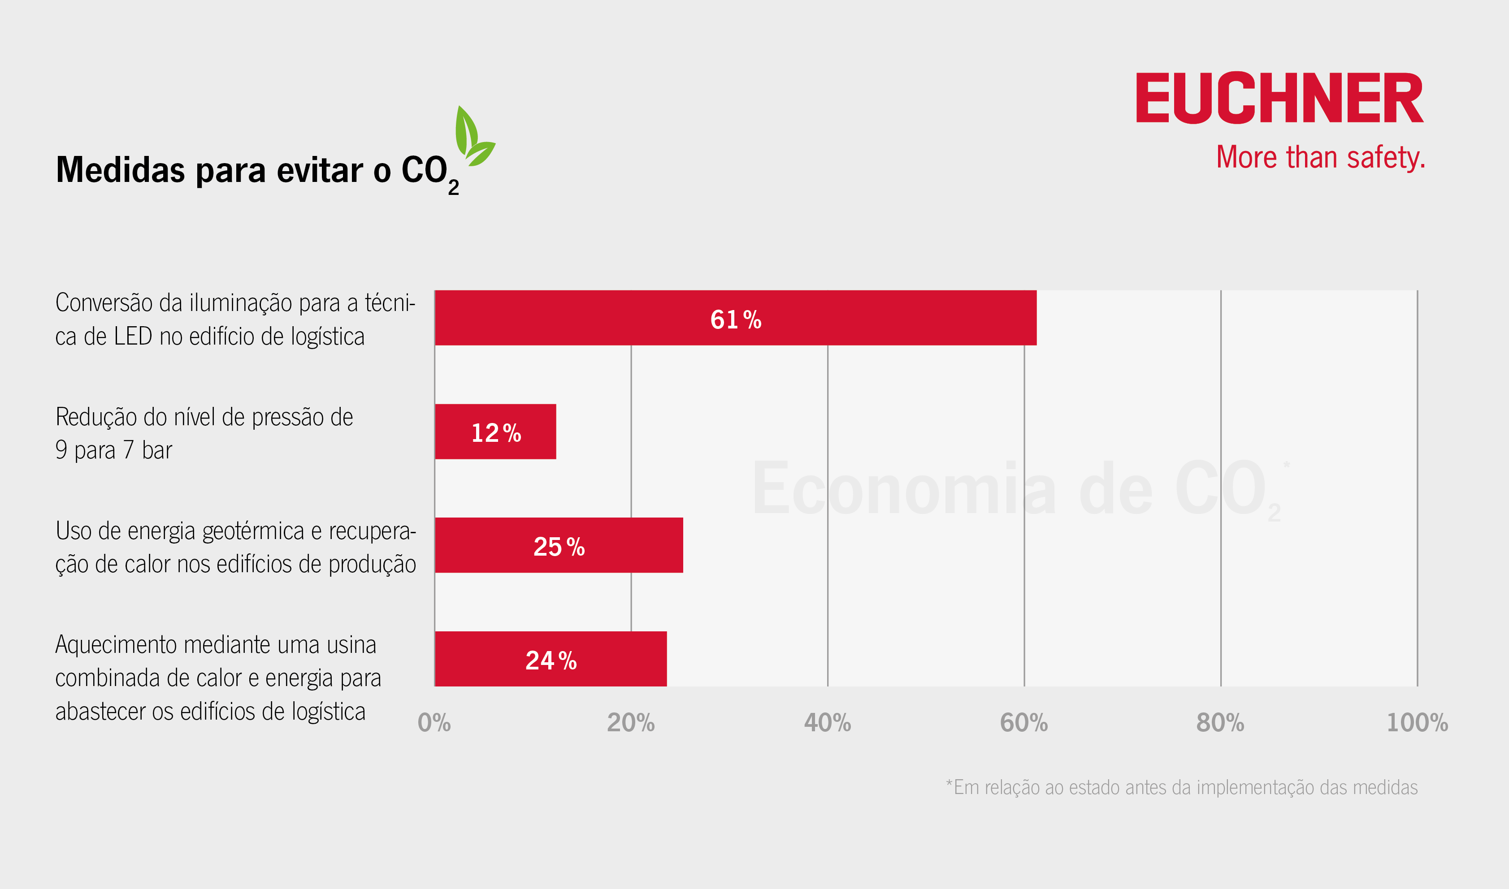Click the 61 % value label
735,319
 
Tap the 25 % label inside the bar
559,546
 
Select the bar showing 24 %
550,659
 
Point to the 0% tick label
434,723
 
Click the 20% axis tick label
630,723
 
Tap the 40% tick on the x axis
827,723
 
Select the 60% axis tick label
1023,723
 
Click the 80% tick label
1220,723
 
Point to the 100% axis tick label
1417,723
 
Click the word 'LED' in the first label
133,337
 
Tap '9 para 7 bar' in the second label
114,450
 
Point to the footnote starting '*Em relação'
1181,787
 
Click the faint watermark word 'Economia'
904,488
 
